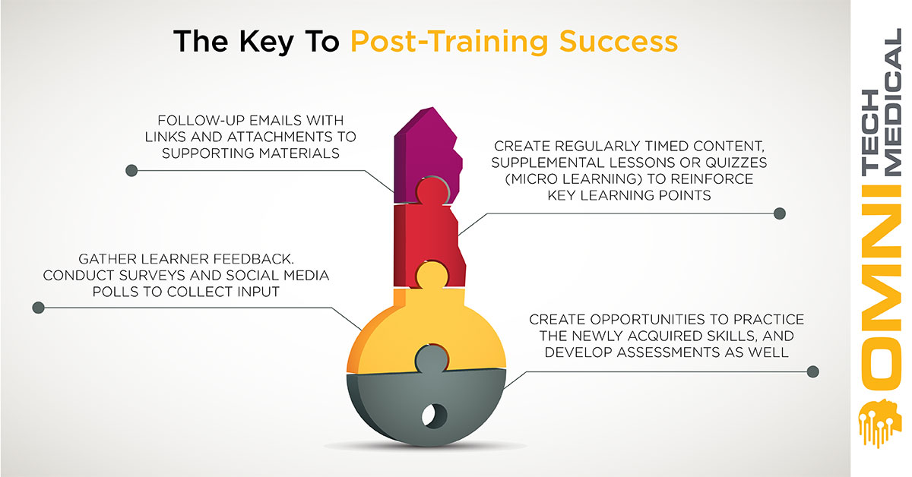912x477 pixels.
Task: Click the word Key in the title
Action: [266, 42]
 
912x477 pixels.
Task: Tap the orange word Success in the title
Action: [619, 41]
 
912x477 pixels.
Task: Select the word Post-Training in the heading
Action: [449, 42]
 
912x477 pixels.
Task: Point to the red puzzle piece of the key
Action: [427, 240]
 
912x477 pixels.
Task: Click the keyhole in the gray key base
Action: [434, 415]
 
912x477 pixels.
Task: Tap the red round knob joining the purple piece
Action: [432, 191]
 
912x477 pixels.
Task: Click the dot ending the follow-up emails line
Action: [131, 171]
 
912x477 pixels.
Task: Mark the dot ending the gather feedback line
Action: [38, 308]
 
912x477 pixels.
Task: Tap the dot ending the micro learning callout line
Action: [779, 213]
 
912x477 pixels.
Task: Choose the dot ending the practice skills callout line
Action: [812, 371]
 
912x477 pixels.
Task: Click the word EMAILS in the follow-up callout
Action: [276, 121]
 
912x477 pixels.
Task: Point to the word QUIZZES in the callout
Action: [736, 163]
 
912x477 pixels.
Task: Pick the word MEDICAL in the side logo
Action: [893, 102]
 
